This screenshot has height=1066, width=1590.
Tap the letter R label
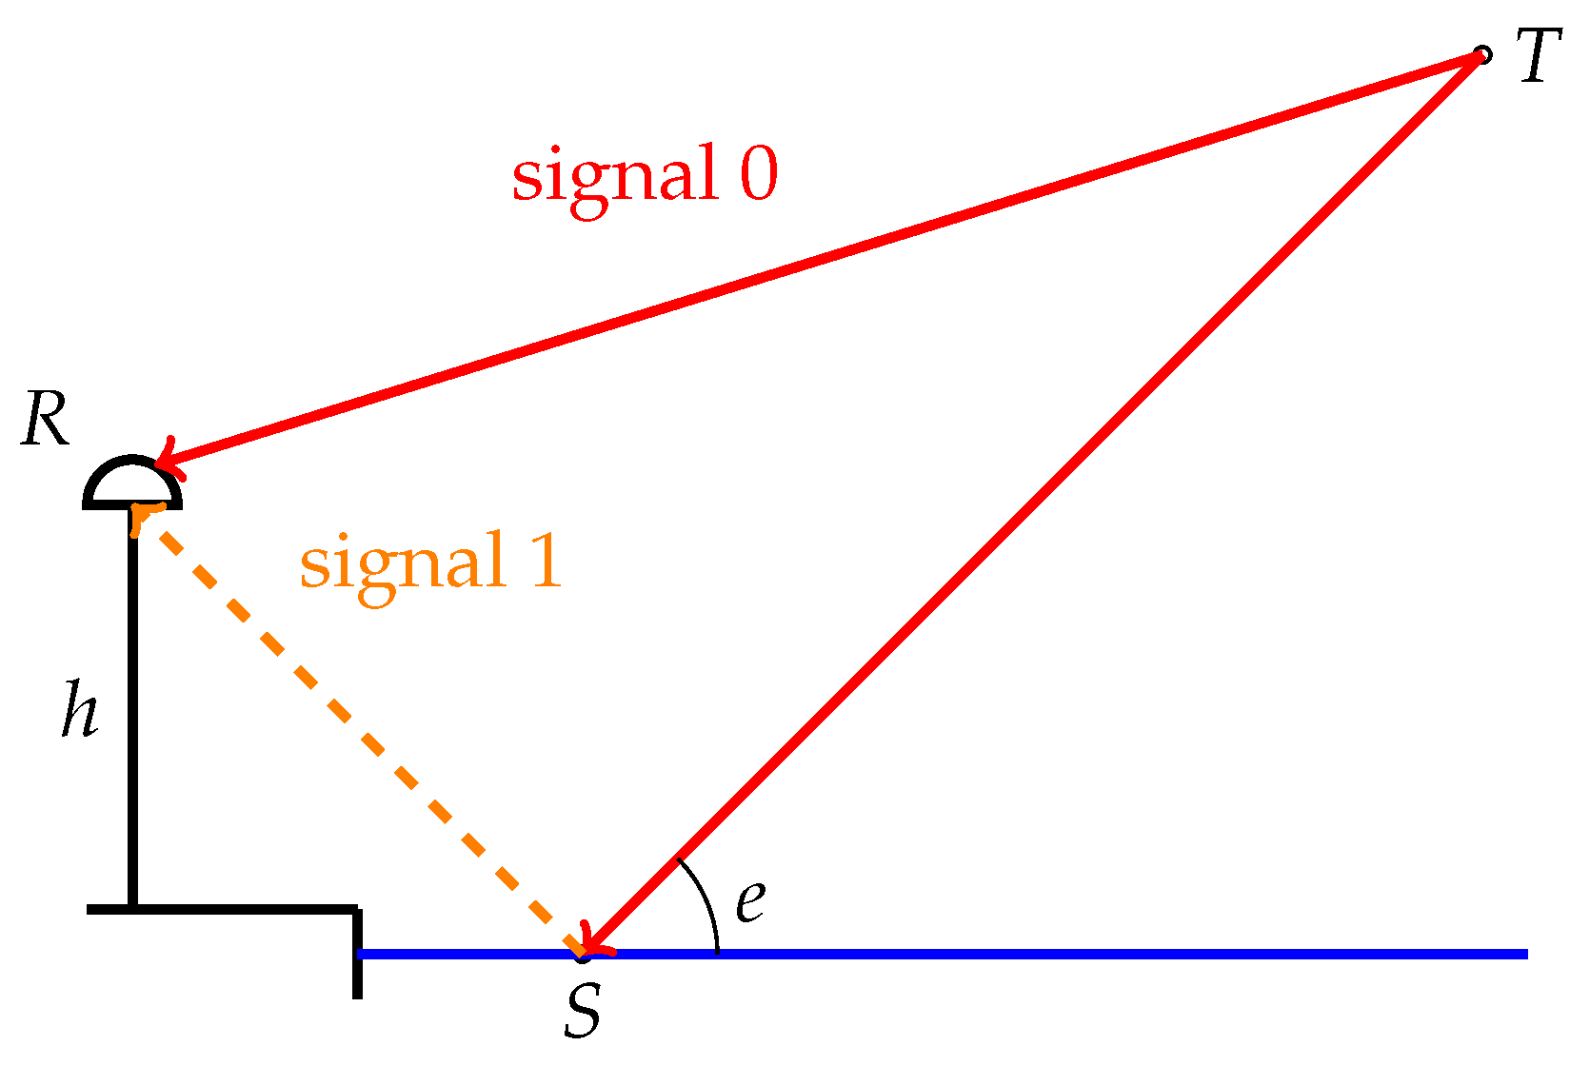(x=46, y=419)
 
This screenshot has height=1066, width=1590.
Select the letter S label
(x=583, y=1011)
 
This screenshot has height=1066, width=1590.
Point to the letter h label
(x=80, y=709)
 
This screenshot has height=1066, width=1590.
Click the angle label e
(x=750, y=900)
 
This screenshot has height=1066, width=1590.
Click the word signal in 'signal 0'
(x=614, y=176)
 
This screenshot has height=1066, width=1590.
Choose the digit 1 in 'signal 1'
(x=547, y=562)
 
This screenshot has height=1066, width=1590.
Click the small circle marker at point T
(x=1481, y=55)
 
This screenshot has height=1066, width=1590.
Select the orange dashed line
(x=362, y=733)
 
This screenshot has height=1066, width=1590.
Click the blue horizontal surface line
(x=1047, y=954)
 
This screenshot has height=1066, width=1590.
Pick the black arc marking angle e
(x=705, y=899)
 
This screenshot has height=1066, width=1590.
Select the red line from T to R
(x=819, y=258)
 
